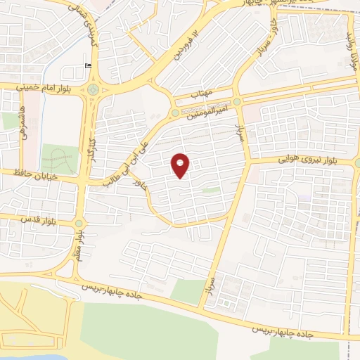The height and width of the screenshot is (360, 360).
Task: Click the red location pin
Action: [181, 165]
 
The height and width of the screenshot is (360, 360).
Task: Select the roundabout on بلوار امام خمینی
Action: [92, 90]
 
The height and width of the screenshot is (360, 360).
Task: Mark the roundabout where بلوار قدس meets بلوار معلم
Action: [78, 224]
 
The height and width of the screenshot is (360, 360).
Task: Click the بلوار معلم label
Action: [80, 245]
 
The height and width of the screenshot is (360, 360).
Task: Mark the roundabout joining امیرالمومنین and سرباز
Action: [237, 102]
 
